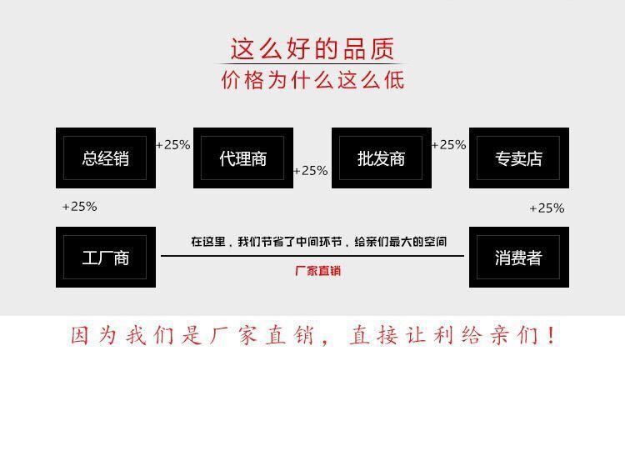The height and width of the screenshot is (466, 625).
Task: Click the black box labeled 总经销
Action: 106,158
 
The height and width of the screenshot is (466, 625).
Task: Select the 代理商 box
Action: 243,158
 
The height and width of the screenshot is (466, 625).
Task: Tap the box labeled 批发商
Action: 381,158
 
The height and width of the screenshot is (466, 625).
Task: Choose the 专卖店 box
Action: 518,158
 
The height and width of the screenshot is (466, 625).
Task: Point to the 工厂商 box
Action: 106,258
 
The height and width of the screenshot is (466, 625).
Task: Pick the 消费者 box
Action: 518,258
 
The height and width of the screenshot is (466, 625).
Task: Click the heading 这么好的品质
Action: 312,49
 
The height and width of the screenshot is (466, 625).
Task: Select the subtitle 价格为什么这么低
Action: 312,80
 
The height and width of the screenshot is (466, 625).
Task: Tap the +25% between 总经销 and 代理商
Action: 173,144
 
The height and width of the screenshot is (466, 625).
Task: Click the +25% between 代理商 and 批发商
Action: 311,170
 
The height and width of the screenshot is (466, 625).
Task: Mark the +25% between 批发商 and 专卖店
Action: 449,144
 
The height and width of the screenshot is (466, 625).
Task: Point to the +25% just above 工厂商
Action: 80,206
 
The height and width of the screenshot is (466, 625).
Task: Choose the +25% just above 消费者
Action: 547,208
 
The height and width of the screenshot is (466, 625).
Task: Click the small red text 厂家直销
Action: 317,271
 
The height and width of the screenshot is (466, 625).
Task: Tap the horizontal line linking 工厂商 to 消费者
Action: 312,256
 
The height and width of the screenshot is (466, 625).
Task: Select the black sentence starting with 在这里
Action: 318,242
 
